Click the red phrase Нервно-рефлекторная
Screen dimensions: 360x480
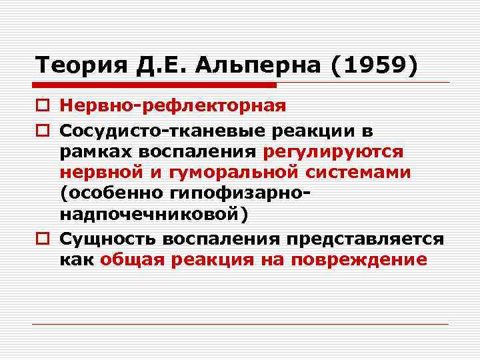coord(173,106)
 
